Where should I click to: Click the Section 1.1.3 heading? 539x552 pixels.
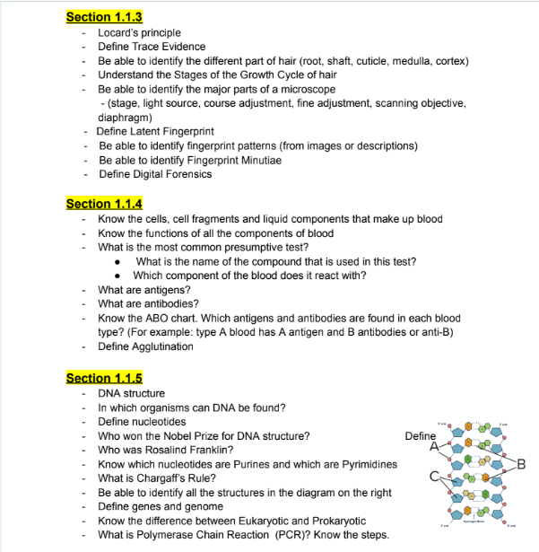(104, 17)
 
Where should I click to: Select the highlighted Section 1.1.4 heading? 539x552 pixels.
(104, 204)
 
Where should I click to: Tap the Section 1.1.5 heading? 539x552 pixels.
(104, 378)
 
